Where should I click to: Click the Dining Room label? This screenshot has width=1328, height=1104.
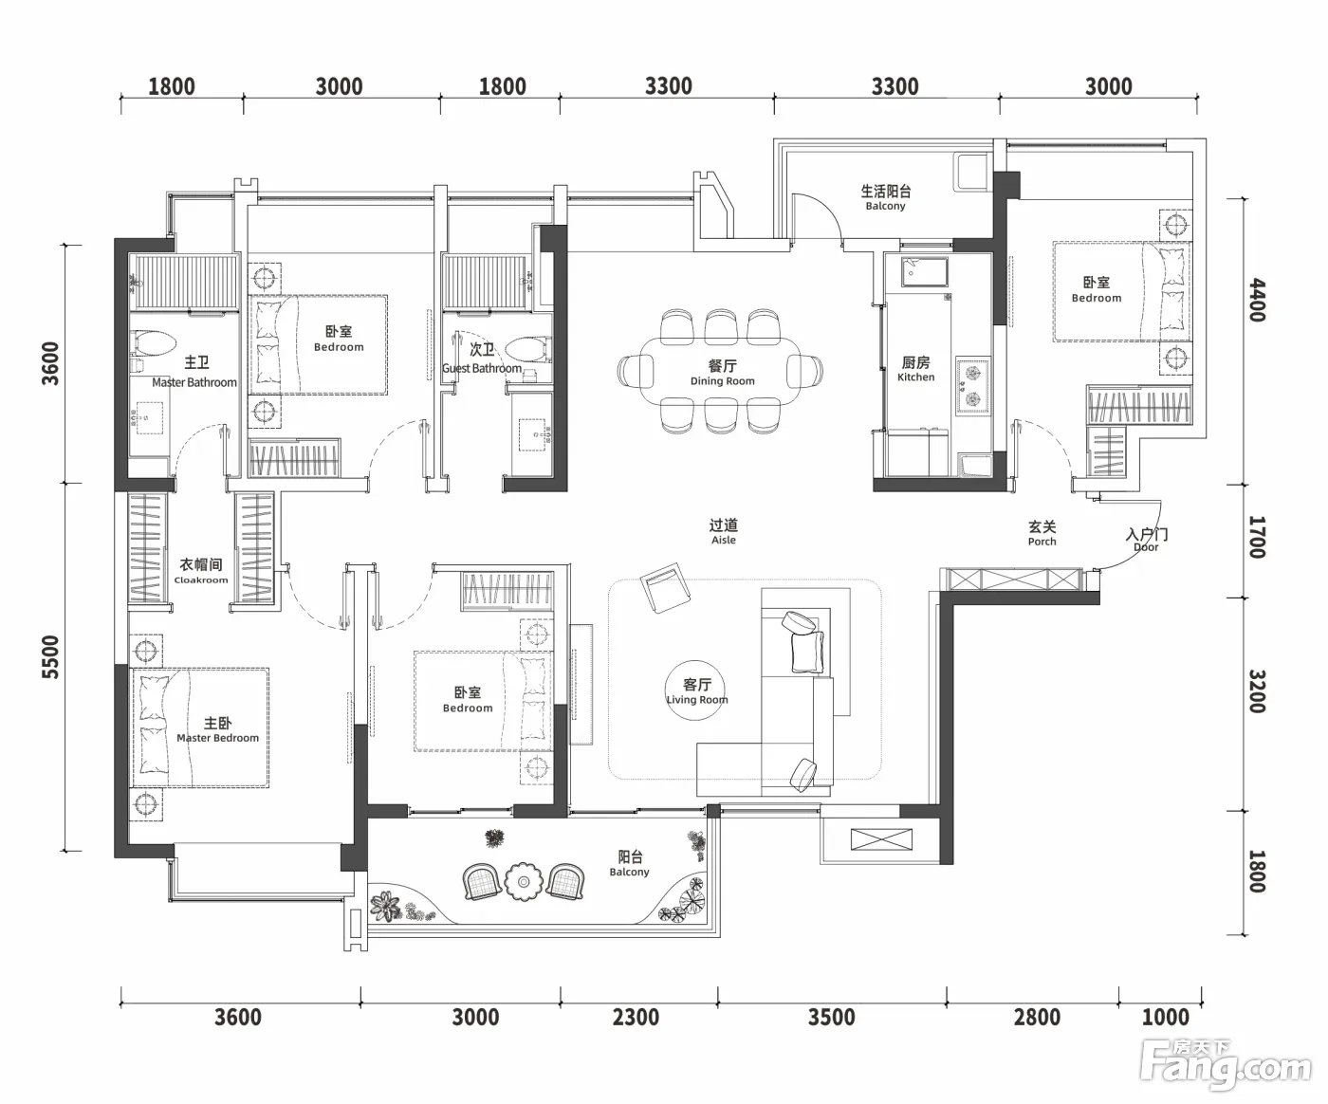pos(723,373)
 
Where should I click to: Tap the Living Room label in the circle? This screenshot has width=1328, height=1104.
pos(697,691)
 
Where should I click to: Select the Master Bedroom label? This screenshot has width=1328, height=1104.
pos(217,730)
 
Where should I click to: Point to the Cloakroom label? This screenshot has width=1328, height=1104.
pos(201,570)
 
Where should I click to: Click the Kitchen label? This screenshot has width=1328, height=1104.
pos(916,369)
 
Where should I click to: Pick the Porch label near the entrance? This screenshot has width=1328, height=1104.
pos(1042,533)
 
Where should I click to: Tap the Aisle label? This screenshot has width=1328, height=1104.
pos(724,532)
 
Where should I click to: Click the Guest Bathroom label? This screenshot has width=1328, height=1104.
pos(482,359)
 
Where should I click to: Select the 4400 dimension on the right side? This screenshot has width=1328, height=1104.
pos(1257,300)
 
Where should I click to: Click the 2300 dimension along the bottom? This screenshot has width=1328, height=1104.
pos(636,1018)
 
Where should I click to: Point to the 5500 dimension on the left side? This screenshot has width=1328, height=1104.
pos(49,657)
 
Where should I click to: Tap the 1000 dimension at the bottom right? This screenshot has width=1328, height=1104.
pos(1165,1018)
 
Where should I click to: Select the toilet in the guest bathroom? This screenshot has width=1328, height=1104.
pos(527,350)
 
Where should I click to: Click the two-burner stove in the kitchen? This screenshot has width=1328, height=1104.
pos(972,385)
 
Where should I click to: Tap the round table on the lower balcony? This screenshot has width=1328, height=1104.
pos(524,881)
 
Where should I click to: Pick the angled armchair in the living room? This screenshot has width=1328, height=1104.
pos(665,587)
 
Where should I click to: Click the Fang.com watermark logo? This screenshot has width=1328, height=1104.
pos(1225,1069)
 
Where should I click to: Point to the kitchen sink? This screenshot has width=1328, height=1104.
pos(924,272)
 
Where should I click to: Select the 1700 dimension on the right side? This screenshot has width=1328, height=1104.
pos(1257,538)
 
